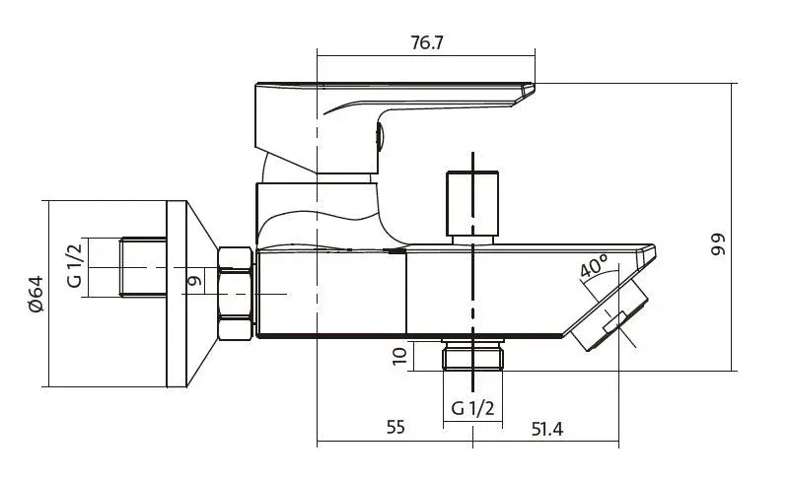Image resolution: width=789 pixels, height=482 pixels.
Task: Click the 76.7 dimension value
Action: (x=427, y=42)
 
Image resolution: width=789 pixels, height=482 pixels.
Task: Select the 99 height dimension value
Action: (x=719, y=244)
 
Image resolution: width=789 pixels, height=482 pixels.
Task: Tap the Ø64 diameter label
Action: (x=36, y=295)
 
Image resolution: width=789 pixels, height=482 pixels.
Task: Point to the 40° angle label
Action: (x=594, y=266)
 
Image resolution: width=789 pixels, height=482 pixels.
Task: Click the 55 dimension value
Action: (x=395, y=427)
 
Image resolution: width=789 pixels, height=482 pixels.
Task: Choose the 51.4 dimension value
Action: (x=547, y=429)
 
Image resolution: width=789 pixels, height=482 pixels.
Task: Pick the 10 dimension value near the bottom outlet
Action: (x=399, y=356)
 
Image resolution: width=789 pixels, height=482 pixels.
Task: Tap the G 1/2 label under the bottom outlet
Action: (x=472, y=407)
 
